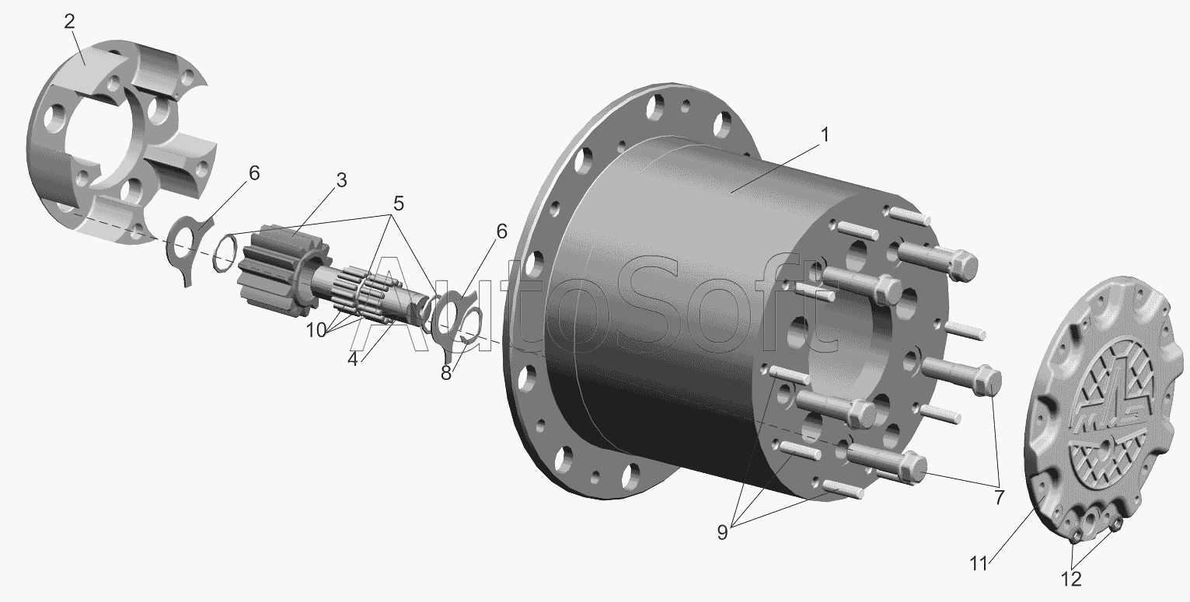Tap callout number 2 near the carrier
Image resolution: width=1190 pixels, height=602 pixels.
click(x=70, y=22)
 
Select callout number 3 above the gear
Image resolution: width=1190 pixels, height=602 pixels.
click(x=341, y=180)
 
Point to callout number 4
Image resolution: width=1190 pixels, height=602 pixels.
click(x=353, y=359)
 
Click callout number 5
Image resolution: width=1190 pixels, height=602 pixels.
click(x=399, y=204)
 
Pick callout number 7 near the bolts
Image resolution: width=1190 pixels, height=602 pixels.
click(x=1000, y=497)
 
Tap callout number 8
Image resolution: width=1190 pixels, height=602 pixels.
click(x=446, y=373)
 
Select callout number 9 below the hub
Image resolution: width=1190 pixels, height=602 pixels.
click(x=722, y=532)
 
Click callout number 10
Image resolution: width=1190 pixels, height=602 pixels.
click(x=316, y=330)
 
